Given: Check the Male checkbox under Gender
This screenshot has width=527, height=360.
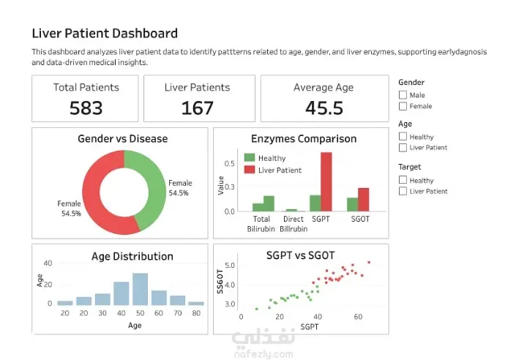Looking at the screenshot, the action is [x=403, y=95].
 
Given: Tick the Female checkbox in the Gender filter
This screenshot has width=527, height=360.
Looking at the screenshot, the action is [x=403, y=106].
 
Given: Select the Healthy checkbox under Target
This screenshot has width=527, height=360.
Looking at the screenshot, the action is [x=403, y=180].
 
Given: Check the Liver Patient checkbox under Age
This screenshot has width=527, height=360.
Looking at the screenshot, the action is [x=403, y=148].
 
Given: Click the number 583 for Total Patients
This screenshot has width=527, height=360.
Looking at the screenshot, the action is [x=86, y=108].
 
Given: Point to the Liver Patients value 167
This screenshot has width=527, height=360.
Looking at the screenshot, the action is [x=198, y=108].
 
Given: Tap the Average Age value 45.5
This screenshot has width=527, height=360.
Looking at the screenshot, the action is [x=324, y=108].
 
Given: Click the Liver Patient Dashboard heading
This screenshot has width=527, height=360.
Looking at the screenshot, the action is [x=105, y=33].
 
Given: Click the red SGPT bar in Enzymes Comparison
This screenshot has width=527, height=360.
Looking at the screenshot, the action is [x=326, y=182].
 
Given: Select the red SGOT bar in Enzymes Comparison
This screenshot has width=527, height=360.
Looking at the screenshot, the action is [x=363, y=200].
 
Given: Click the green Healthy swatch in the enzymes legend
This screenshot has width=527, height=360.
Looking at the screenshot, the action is [x=250, y=157].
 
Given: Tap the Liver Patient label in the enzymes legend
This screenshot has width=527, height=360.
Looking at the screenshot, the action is [x=280, y=170].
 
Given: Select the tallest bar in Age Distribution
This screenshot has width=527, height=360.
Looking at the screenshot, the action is [x=140, y=289].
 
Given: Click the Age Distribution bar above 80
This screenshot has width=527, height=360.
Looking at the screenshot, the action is [x=196, y=303].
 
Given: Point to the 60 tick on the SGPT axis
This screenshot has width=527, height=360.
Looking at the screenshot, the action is [x=358, y=317].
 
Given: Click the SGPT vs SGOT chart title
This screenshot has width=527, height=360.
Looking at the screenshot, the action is [x=301, y=255].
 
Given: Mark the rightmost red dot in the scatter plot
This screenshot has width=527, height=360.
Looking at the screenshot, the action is [x=369, y=262].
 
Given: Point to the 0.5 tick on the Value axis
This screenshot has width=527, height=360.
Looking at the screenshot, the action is [x=230, y=164].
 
